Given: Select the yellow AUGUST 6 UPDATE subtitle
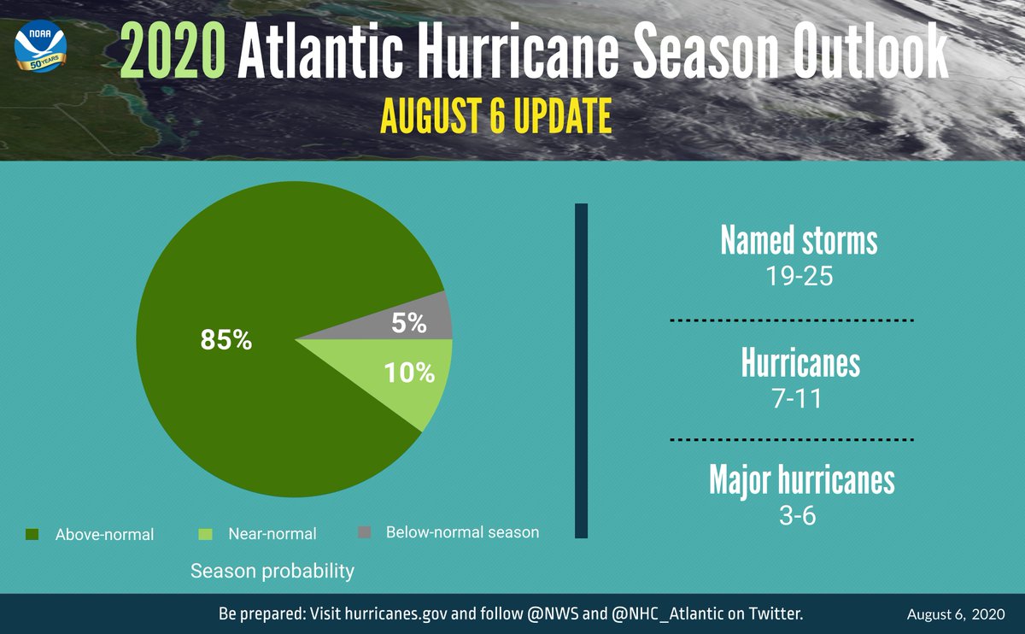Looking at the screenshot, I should (x=495, y=117).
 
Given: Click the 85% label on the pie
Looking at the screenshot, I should (x=226, y=340).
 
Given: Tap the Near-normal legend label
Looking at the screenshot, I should (x=272, y=534).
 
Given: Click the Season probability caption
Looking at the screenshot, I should (x=272, y=571).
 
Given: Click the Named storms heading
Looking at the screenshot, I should (x=799, y=241).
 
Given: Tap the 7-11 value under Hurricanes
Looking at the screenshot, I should (x=799, y=398).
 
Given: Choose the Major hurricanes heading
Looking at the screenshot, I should (x=801, y=480).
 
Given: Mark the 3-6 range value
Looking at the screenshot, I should (x=799, y=516).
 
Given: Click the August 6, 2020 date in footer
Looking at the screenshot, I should (x=955, y=614).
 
